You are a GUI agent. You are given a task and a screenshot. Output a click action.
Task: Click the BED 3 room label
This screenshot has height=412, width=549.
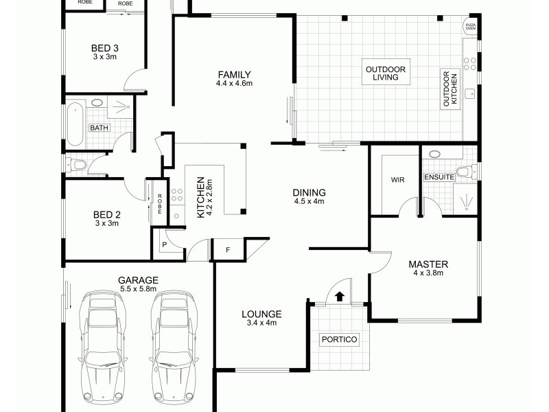coord(105,48)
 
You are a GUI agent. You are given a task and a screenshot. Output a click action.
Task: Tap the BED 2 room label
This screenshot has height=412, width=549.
coord(106,214)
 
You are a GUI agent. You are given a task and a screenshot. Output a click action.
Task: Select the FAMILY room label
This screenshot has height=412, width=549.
coord(234,75)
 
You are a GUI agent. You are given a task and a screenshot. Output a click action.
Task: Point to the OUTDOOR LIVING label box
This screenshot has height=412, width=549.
coord(386,74)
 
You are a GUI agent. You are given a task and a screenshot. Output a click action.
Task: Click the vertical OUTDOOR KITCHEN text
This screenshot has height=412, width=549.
coord(450,89)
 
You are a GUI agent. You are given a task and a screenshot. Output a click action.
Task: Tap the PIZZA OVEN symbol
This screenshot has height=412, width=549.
coord(470,27)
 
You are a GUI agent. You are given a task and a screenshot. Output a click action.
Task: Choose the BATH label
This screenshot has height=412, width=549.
coord(99,128)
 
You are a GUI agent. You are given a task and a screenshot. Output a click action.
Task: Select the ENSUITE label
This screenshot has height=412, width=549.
coord(439,177)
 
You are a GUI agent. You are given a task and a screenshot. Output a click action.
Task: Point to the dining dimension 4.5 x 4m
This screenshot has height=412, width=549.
coord(309,202)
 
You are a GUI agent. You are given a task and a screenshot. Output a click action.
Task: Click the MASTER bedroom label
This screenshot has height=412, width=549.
coord(428,264)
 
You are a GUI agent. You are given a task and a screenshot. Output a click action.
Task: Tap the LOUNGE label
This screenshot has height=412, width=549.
coord(261,314)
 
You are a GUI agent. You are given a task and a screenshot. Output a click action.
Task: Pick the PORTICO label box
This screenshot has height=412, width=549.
coord(340,339)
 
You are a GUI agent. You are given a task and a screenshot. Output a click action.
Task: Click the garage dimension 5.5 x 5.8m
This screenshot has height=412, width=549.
coord(138,289)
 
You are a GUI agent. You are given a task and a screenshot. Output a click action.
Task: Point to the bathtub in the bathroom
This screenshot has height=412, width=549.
coord(74,124)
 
